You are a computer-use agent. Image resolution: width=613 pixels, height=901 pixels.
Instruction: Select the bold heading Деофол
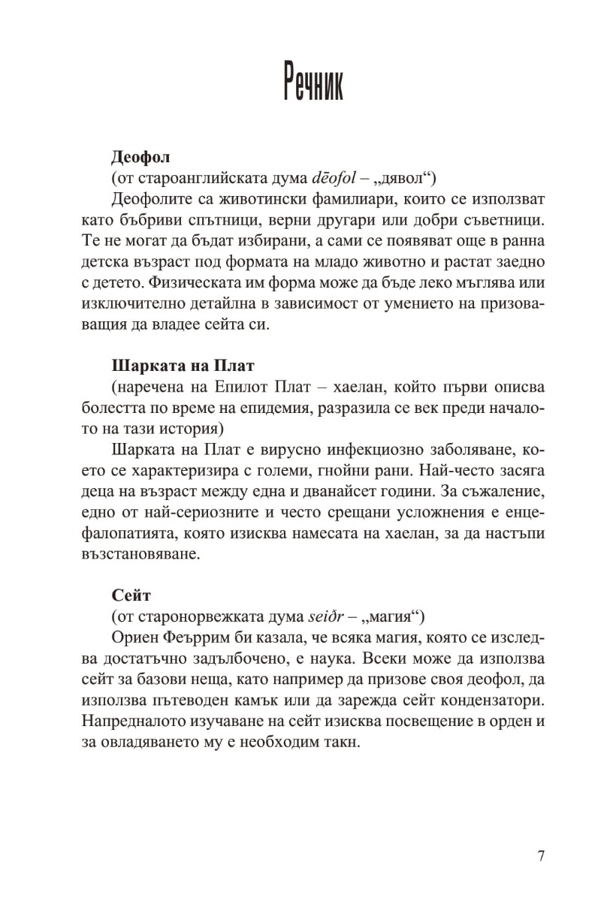(140, 158)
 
